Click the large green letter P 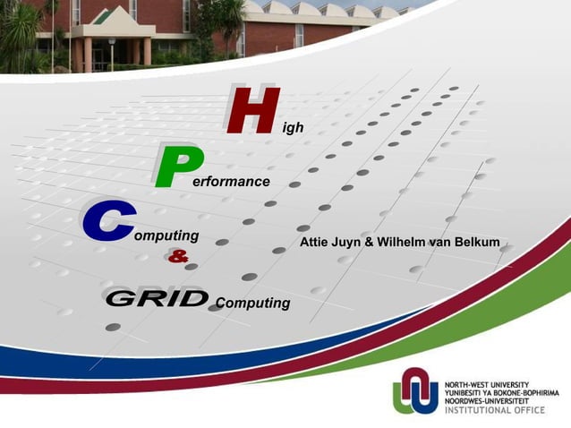tap(177, 166)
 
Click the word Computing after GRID tap(253, 303)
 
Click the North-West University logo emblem tap(415, 390)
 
